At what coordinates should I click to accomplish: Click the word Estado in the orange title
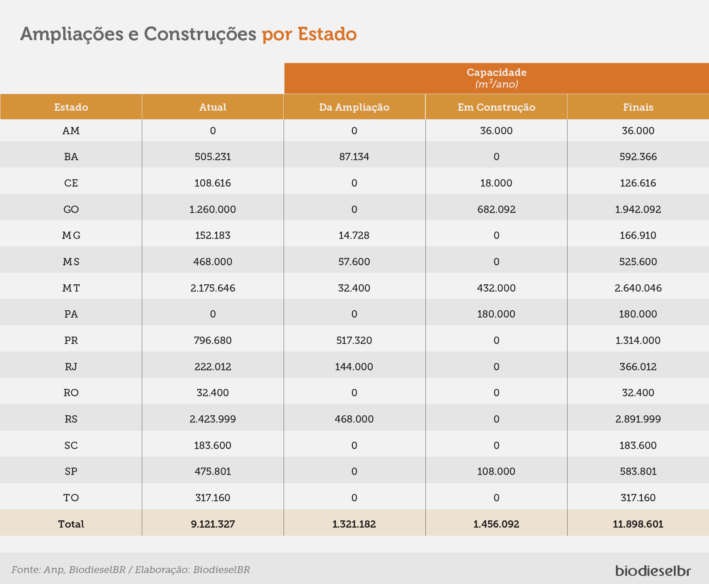coord(327,34)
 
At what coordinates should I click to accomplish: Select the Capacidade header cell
coord(497,78)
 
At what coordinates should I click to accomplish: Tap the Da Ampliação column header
coord(354,107)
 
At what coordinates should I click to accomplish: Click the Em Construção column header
coord(496,107)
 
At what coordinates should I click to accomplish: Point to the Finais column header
coord(638,107)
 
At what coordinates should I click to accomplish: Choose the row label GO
coord(71,209)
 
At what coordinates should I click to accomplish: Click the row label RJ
coord(71,367)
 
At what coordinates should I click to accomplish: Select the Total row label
coord(71,524)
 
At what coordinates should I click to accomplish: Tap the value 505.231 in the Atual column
coord(213,157)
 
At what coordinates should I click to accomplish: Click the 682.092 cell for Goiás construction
coord(496,209)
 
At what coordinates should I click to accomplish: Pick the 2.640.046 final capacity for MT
coord(638,288)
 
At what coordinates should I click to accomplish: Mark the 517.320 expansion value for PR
coord(354,340)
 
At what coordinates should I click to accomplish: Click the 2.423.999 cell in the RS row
coord(213,419)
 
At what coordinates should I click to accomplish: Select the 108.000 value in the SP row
coord(496,471)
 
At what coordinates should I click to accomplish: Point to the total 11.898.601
coord(638,524)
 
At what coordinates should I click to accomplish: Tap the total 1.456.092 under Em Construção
coord(496,524)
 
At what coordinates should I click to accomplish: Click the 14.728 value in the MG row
coord(354,236)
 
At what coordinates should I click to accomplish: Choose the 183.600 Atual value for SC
coord(213,445)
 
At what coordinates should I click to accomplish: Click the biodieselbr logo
coord(653,570)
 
